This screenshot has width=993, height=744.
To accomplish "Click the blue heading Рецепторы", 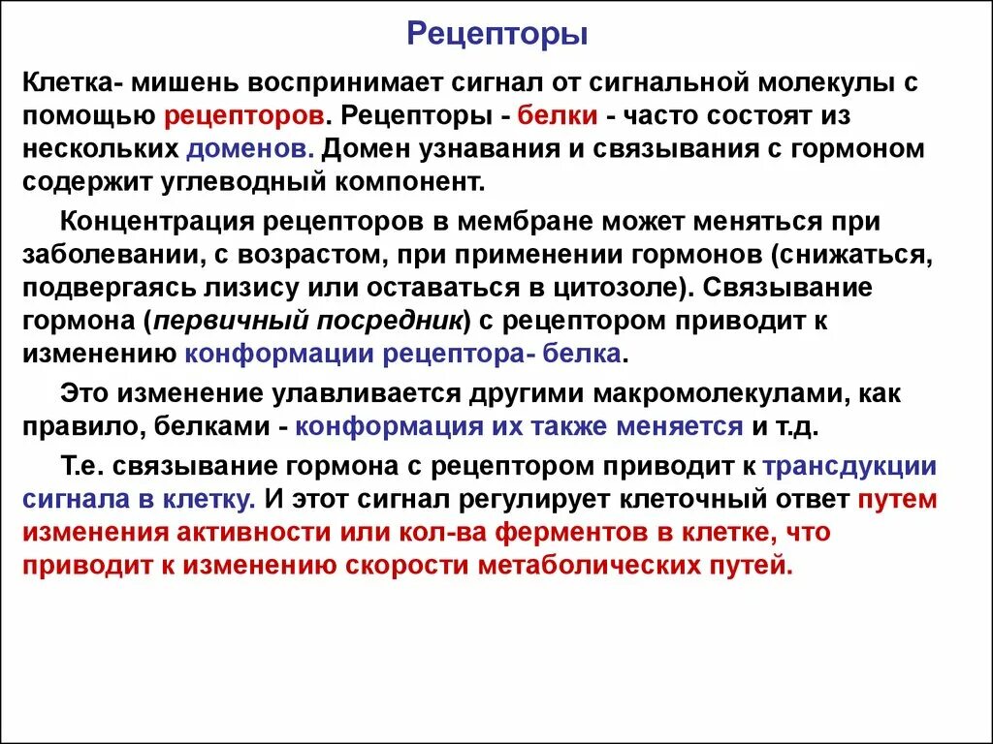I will [x=496, y=35].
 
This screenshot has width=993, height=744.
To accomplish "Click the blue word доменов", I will [x=249, y=149].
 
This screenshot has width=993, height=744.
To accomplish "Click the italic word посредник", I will [x=385, y=321].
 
